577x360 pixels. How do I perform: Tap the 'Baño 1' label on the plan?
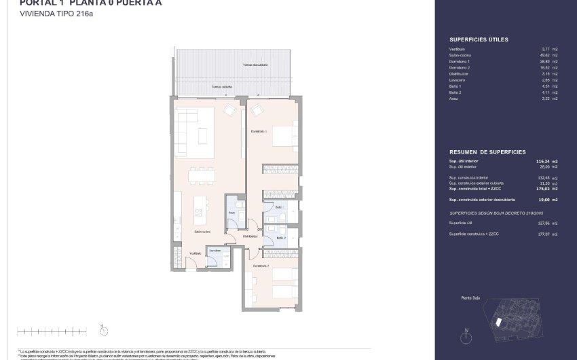click(279, 206)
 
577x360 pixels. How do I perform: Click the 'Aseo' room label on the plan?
click(231, 212)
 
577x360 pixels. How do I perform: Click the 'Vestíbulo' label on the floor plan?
click(196, 253)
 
